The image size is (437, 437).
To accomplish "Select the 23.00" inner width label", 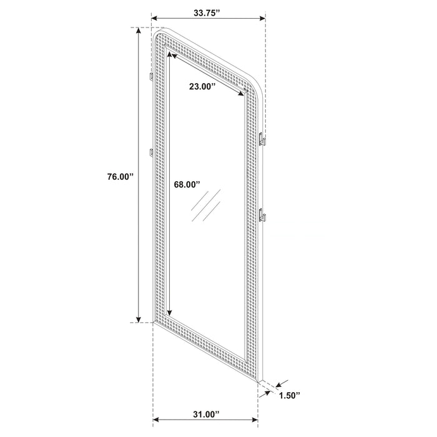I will [202, 87].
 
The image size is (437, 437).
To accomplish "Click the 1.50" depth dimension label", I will [288, 395].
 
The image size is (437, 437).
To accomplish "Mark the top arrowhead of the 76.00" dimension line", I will [138, 31].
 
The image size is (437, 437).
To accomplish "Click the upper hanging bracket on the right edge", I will [263, 140].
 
